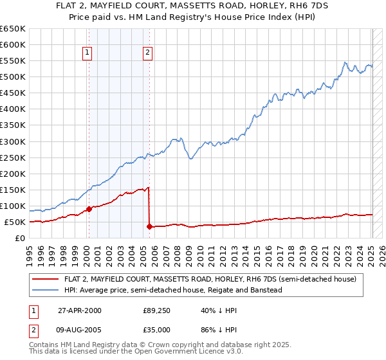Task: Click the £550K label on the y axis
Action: pyautogui.click(x=13, y=61)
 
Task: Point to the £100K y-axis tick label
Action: pyautogui.click(x=13, y=206)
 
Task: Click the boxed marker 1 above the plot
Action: pyautogui.click(x=87, y=53)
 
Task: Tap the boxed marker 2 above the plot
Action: pyautogui.click(x=148, y=53)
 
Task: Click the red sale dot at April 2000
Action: pyautogui.click(x=89, y=209)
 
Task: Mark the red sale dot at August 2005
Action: pyautogui.click(x=149, y=226)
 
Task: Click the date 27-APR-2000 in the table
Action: pyautogui.click(x=79, y=310)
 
